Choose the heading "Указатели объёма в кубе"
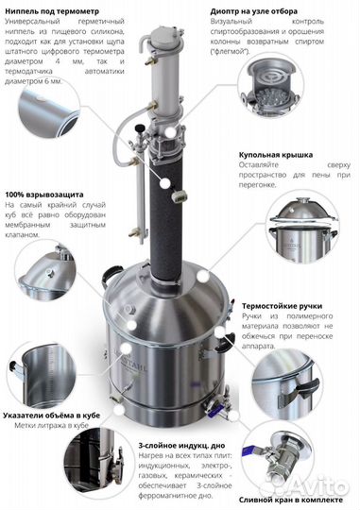[x=60, y=413]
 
